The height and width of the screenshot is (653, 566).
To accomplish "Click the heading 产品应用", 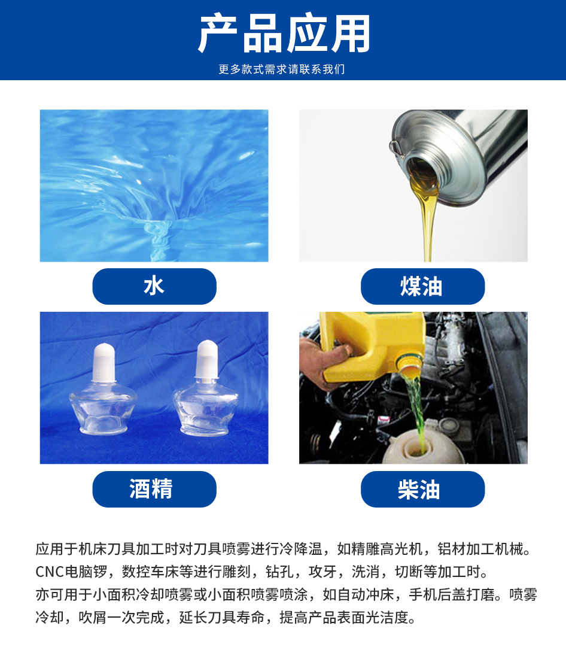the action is pos(284,34).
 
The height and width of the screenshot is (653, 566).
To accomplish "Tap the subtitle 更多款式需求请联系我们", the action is pos(282,69).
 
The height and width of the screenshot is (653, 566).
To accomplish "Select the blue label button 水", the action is pos(154,287).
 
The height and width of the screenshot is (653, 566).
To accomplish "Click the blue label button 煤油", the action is pos(423,287).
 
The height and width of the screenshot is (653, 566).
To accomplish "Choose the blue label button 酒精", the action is pos(154,489).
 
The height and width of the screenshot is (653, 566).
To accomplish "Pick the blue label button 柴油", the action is pos(423,489).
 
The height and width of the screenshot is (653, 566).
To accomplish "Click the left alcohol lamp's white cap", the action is pos(104,362).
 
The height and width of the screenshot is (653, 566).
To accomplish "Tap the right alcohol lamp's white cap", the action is pos(207,359).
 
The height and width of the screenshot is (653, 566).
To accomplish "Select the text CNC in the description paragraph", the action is pos(50,572).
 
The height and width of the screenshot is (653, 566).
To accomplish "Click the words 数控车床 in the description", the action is pos(150,572).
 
